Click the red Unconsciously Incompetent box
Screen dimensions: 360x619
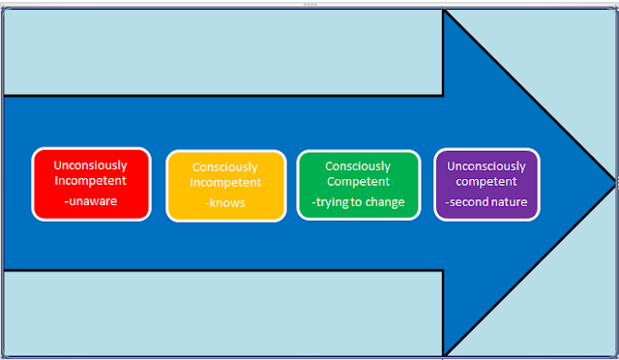coord(91,184)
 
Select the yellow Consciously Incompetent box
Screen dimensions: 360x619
coord(225,186)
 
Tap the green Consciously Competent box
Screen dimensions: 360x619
coord(358,184)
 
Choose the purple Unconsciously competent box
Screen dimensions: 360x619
coord(486,184)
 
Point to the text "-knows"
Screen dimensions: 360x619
coord(225,203)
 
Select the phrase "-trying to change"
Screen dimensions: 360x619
coord(358,202)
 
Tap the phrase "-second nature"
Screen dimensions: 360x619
coord(486,203)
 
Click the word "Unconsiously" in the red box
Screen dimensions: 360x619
coord(90,165)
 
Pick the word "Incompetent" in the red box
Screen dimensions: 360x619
coord(90,180)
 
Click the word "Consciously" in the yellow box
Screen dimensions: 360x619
coord(225,167)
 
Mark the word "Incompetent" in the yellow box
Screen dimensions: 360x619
coord(225,182)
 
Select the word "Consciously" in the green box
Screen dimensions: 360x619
coord(358,165)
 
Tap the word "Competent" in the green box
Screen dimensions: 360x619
coord(358,181)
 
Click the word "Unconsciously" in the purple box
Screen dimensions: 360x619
coord(486,166)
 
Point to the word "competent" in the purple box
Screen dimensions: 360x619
coord(486,182)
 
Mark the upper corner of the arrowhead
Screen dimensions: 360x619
coord(444,13)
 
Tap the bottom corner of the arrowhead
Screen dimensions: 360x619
coord(444,353)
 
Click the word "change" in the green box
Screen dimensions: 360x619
coord(384,202)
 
